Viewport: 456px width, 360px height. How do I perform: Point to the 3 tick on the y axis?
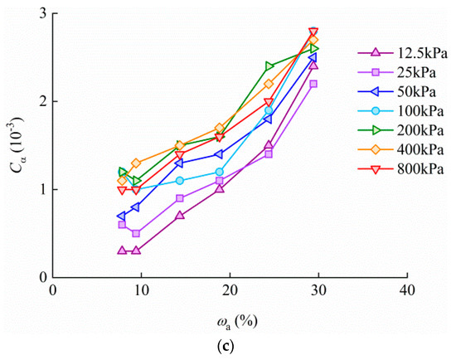point(41,14)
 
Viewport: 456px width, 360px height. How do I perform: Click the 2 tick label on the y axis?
point(41,102)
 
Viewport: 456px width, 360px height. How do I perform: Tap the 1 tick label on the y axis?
point(41,190)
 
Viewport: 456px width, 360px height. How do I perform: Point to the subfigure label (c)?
point(227,348)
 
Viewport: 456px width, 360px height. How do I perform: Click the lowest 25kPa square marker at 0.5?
point(136,233)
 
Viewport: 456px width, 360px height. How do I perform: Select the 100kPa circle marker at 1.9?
point(269,110)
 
